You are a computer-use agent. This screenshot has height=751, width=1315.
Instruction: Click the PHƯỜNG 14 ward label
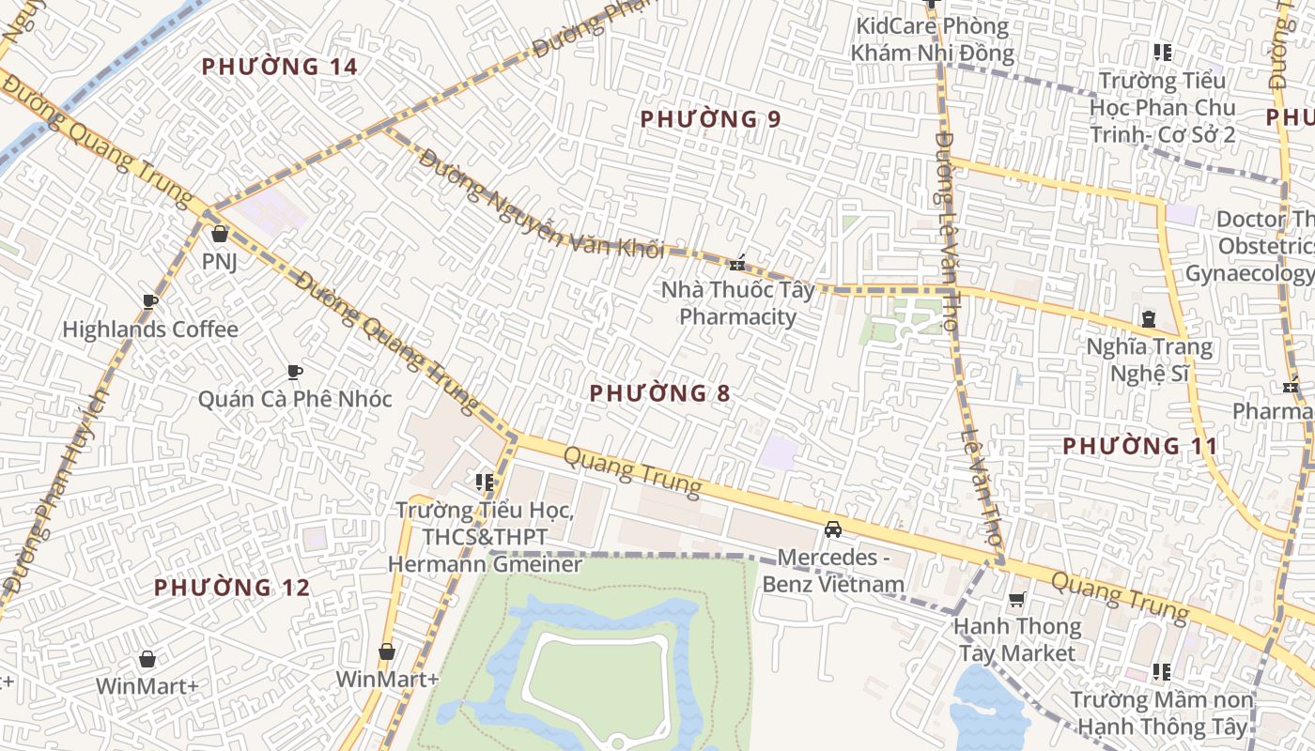[280, 67]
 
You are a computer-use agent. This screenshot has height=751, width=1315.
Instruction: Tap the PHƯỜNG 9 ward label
[710, 119]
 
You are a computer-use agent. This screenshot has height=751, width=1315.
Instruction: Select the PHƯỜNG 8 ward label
[659, 393]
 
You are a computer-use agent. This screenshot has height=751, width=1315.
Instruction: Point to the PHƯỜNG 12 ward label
[231, 588]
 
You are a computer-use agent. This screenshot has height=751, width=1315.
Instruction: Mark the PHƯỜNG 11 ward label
[1139, 446]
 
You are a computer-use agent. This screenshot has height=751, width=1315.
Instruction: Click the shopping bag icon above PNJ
[220, 234]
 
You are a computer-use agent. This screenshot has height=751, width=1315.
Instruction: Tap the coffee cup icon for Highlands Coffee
[149, 302]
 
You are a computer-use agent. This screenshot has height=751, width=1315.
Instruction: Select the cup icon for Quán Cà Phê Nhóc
[294, 373]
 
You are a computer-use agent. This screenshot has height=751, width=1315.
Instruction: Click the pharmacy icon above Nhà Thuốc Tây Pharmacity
[738, 263]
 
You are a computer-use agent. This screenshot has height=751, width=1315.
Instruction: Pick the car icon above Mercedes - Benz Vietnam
[832, 529]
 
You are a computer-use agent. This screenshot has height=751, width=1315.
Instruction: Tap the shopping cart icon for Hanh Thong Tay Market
[1016, 599]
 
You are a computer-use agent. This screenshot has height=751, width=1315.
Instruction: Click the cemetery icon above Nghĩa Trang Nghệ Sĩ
[1149, 319]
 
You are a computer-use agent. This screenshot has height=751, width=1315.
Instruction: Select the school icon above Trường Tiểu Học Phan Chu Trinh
[1163, 53]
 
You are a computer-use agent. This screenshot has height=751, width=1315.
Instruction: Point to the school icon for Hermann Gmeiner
[485, 483]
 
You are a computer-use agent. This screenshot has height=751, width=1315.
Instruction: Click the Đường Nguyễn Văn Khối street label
[541, 205]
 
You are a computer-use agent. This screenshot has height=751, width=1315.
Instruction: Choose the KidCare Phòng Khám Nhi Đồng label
[932, 39]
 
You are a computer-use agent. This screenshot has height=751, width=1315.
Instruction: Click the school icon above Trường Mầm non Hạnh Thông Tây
[1162, 672]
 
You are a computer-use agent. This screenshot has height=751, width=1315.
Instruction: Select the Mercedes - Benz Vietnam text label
[833, 571]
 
